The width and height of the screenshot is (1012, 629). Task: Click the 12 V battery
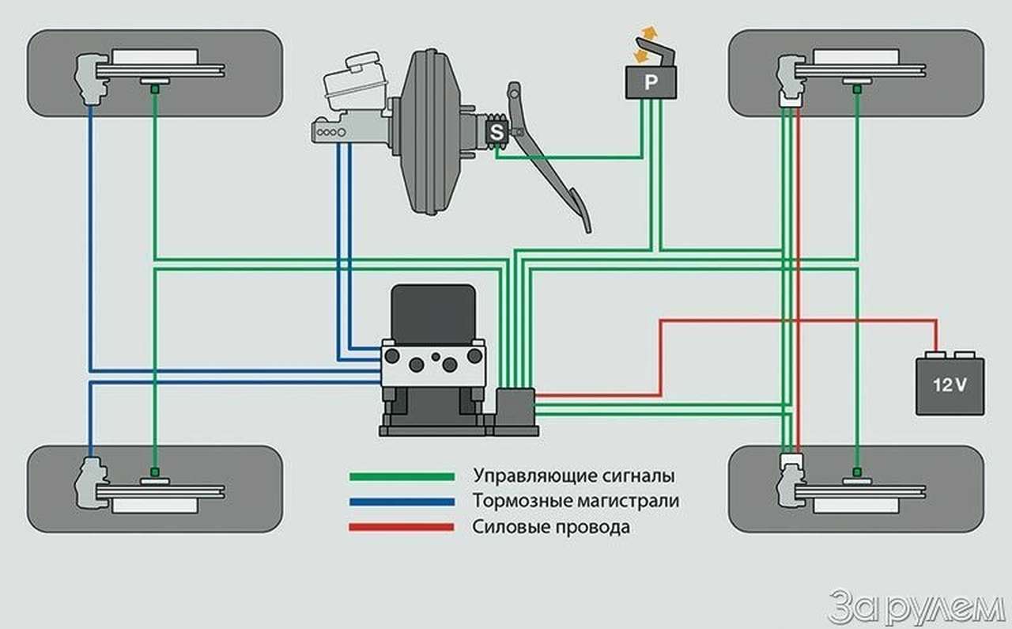(x=950, y=385)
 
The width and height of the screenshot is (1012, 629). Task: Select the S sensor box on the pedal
(x=497, y=133)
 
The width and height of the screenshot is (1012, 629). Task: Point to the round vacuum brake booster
(x=432, y=133)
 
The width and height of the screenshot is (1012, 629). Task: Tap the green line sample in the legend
(x=402, y=477)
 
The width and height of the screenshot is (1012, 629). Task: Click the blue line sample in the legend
(x=402, y=502)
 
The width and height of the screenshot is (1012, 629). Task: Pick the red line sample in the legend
(x=402, y=527)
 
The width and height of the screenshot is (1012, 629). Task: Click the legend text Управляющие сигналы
(x=574, y=477)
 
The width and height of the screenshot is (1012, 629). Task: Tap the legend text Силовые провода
(x=552, y=527)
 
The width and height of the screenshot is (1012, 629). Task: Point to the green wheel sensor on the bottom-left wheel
(x=155, y=472)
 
